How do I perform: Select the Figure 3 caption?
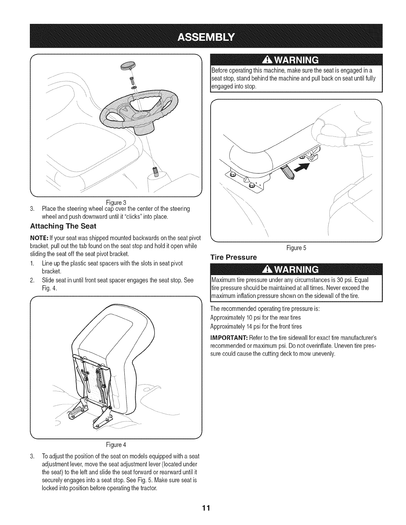115,203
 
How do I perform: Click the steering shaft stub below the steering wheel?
155,173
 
